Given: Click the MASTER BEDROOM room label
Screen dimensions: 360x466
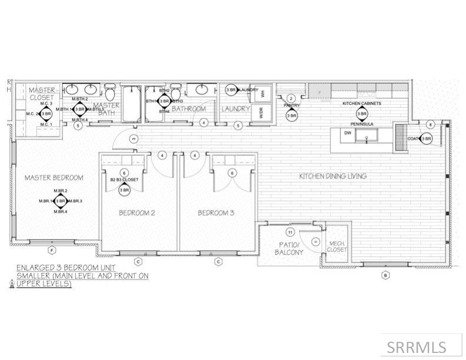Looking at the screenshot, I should [54, 177].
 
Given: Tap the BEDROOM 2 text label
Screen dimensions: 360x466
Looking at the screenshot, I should [137, 212].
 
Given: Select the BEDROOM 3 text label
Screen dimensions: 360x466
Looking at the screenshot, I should [216, 212].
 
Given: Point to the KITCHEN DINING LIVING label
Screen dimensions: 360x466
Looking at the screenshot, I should [332, 176].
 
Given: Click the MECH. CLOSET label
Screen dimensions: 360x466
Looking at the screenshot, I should [337, 245].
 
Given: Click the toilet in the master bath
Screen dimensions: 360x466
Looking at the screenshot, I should [109, 93].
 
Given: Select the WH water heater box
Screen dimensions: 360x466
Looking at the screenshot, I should [263, 93].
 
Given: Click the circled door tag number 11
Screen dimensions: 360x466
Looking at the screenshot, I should [289, 232].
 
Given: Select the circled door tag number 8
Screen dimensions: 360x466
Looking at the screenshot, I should [431, 124].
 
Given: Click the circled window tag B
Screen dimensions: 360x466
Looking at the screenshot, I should [385, 274].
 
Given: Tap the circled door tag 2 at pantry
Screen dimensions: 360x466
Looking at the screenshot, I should [290, 98].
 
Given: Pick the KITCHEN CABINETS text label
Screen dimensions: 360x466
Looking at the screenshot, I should [362, 103].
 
